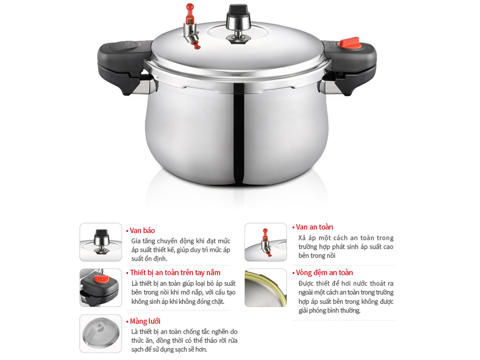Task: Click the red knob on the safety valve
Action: [x=190, y=9]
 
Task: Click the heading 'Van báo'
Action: [x=142, y=230]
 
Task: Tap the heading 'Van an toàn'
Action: [x=315, y=227]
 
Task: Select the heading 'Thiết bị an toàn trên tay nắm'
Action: [x=175, y=273]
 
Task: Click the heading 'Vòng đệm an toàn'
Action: [x=325, y=273]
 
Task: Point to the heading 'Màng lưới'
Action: [x=145, y=321]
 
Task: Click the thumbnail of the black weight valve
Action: [x=100, y=242]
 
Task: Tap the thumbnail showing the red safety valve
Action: [x=265, y=242]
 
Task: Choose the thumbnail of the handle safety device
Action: [x=100, y=288]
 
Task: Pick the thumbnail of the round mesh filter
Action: [x=100, y=333]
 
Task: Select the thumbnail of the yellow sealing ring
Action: [x=265, y=288]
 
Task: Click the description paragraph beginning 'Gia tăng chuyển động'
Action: [x=180, y=250]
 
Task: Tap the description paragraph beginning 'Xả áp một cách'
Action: [x=346, y=247]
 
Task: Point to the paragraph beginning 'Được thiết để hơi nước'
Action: [x=346, y=297]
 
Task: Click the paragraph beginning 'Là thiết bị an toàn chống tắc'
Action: [x=184, y=340]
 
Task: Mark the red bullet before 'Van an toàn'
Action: [x=293, y=227]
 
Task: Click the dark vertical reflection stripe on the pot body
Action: [x=239, y=130]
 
